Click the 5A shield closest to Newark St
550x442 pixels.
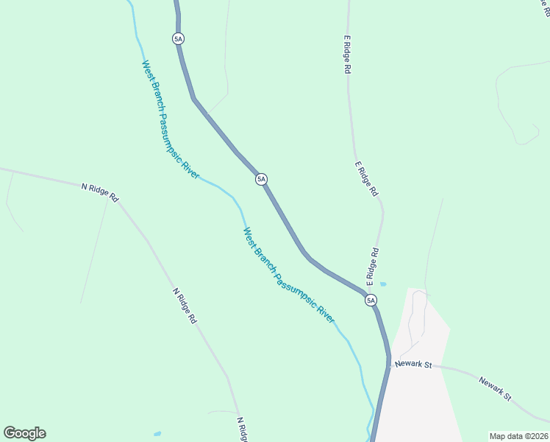(371, 300)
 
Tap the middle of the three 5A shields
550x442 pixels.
(261, 179)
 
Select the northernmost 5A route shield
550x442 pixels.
(178, 38)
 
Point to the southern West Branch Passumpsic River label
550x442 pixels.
(288, 276)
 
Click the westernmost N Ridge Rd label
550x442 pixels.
(100, 193)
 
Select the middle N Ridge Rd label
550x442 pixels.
(185, 306)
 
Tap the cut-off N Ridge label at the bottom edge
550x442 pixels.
(240, 429)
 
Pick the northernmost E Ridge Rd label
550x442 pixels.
(346, 54)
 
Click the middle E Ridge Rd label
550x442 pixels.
(365, 179)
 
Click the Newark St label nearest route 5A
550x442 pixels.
(412, 365)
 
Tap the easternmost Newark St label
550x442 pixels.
(495, 388)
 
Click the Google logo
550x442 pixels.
(24, 433)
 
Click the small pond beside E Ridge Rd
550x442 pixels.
(382, 284)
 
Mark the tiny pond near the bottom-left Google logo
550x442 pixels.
(157, 434)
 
